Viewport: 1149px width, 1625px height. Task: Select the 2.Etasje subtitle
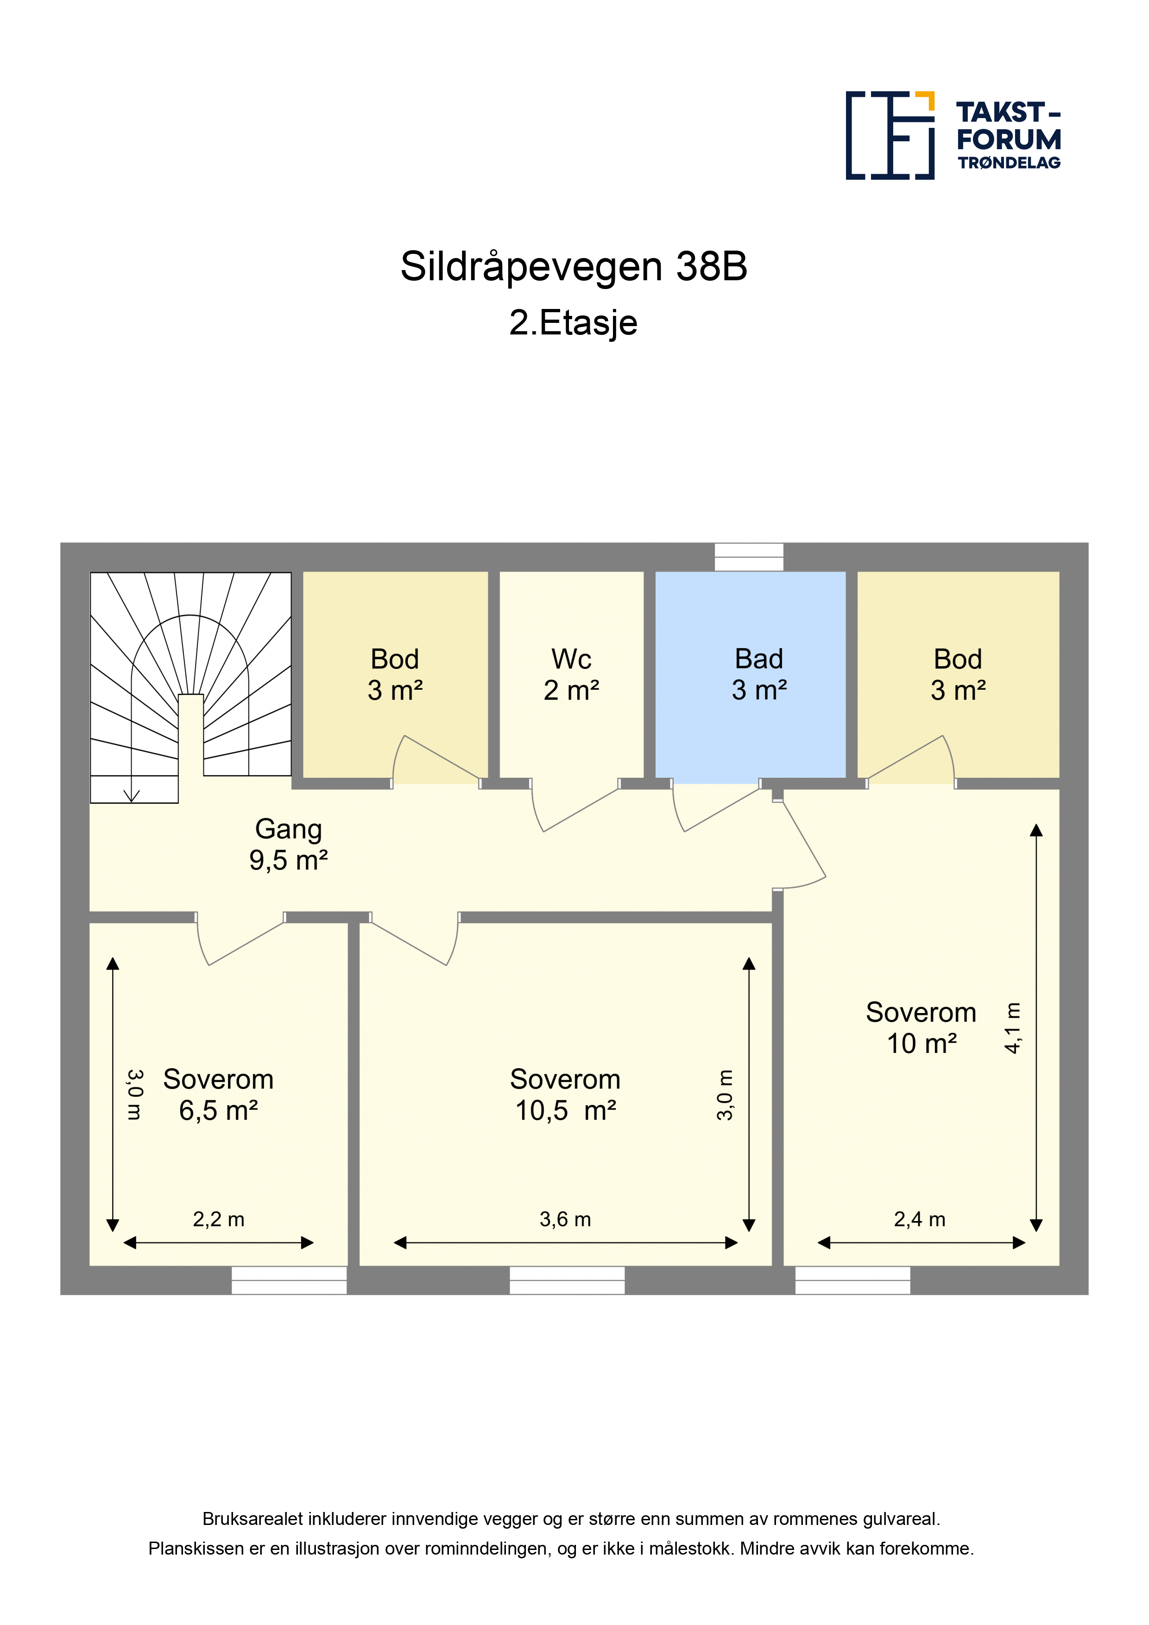[x=574, y=323]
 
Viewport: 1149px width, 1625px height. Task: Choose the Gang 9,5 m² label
[x=288, y=844]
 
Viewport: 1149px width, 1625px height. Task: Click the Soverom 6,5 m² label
[x=218, y=1095]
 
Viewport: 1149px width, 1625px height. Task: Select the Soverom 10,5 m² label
[x=565, y=1095]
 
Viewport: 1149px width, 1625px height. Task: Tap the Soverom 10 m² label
[x=921, y=1027]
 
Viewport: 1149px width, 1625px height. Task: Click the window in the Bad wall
[x=749, y=557]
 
